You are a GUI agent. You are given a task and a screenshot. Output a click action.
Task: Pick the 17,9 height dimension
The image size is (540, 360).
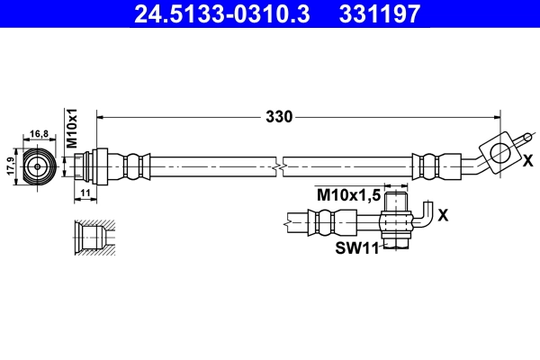pyautogui.click(x=11, y=166)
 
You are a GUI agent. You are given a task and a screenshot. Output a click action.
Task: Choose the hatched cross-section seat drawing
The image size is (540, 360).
pyautogui.click(x=93, y=238)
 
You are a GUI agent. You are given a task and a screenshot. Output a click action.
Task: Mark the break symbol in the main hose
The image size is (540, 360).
pyautogui.click(x=281, y=166)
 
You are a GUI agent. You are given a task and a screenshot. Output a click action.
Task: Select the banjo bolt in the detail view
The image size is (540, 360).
pyautogui.click(x=394, y=219)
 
